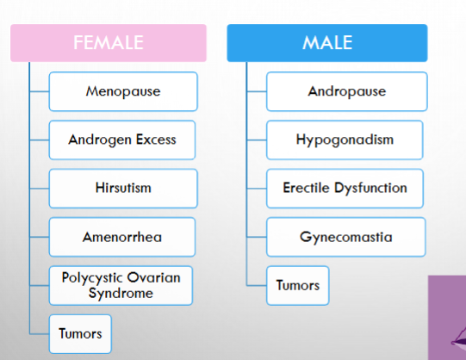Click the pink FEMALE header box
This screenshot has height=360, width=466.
pyautogui.click(x=109, y=43)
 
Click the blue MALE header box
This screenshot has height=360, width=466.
pyautogui.click(x=327, y=43)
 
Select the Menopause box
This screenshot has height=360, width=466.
pyautogui.click(x=123, y=91)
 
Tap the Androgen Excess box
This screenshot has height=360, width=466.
pyautogui.click(x=122, y=140)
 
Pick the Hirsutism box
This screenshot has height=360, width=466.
pyautogui.click(x=123, y=189)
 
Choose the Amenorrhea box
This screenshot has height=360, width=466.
pyautogui.click(x=122, y=237)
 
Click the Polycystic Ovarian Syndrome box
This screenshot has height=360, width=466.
pyautogui.click(x=121, y=285)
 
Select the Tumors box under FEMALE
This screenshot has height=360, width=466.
pyautogui.click(x=80, y=334)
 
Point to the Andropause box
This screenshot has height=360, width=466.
pyautogui.click(x=347, y=91)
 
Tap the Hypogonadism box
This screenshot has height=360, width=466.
pyautogui.click(x=345, y=140)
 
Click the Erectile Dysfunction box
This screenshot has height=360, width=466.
pyautogui.click(x=345, y=189)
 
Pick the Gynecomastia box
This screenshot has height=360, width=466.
pyautogui.click(x=346, y=237)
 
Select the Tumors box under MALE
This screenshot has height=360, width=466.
pyautogui.click(x=298, y=285)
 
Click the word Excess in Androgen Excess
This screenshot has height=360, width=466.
pyautogui.click(x=156, y=140)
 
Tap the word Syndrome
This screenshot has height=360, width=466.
pyautogui.click(x=121, y=294)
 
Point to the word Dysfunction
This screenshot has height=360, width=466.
pyautogui.click(x=370, y=188)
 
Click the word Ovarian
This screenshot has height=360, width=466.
pyautogui.click(x=154, y=277)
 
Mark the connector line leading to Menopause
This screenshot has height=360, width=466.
pyautogui.click(x=40, y=91)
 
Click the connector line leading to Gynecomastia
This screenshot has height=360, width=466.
pyautogui.click(x=257, y=237)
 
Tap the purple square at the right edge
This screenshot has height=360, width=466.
pyautogui.click(x=447, y=318)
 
